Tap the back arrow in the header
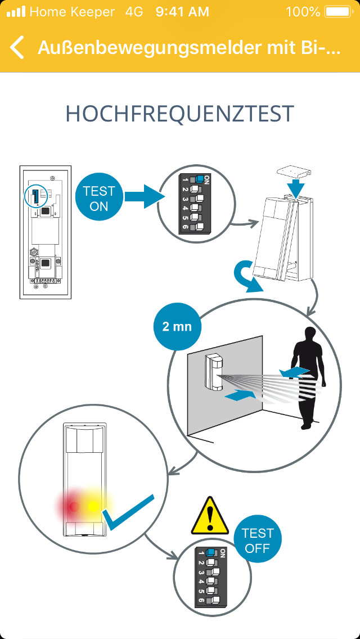(x=17, y=48)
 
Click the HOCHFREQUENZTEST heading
(x=180, y=114)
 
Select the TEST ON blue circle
(x=98, y=199)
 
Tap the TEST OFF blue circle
(x=257, y=541)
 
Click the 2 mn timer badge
(x=177, y=326)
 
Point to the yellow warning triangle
(x=210, y=516)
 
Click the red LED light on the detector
(x=73, y=506)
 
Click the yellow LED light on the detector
(x=94, y=506)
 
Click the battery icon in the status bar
(x=337, y=11)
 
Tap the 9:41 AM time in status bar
(x=182, y=11)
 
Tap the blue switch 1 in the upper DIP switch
(x=199, y=179)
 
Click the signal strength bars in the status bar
(x=15, y=11)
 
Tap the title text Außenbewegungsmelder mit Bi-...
(x=189, y=48)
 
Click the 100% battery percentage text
(x=303, y=11)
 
